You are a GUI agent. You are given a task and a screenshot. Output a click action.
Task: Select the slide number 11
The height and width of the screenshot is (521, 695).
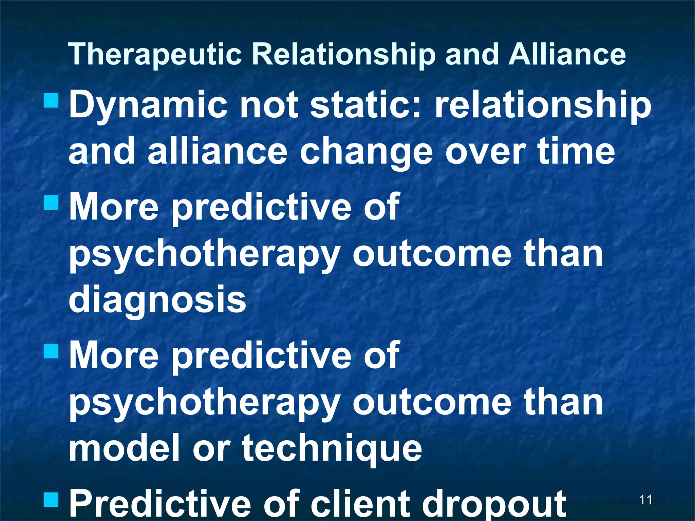645,500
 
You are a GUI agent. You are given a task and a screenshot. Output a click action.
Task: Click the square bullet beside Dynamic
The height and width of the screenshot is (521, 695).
52,101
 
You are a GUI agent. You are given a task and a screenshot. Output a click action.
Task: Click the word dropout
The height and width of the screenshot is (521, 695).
494,504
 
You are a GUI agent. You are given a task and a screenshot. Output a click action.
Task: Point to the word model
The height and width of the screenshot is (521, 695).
124,448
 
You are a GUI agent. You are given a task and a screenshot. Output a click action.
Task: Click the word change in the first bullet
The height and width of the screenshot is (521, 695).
366,152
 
